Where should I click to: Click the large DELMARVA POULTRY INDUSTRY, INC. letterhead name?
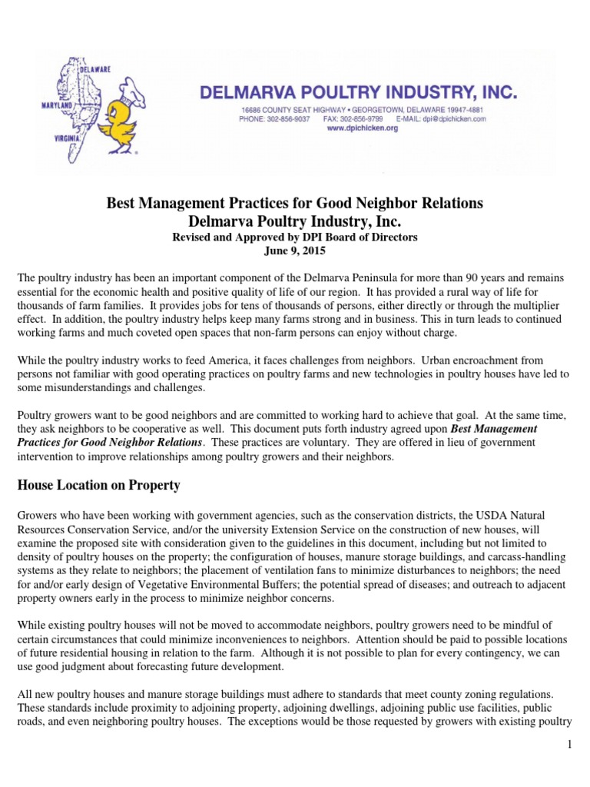[358, 93]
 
